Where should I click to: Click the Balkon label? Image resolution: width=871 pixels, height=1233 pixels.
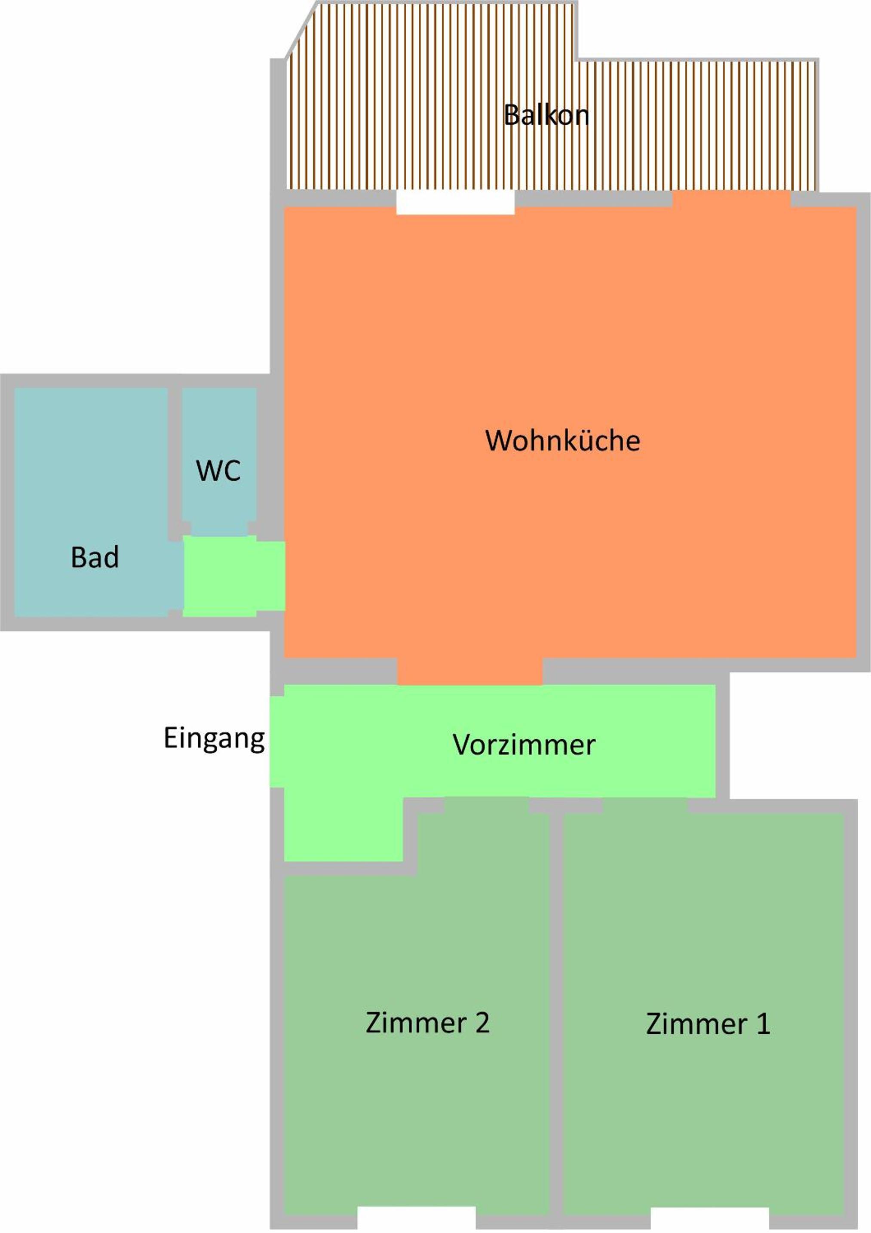pyautogui.click(x=546, y=115)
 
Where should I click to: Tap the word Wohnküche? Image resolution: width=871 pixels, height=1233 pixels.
pyautogui.click(x=563, y=440)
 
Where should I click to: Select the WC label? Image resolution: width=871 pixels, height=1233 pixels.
pyautogui.click(x=218, y=471)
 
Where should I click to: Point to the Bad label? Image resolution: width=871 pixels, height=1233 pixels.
pyautogui.click(x=95, y=557)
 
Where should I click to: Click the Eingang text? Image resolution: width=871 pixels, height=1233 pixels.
pyautogui.click(x=214, y=739)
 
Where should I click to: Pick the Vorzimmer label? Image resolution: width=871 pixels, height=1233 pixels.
pyautogui.click(x=524, y=745)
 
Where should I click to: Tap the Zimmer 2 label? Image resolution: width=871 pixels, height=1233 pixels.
pyautogui.click(x=427, y=1023)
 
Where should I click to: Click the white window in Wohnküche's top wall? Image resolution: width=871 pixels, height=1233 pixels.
pyautogui.click(x=455, y=203)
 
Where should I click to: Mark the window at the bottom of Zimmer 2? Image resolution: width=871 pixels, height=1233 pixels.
pyautogui.click(x=417, y=1222)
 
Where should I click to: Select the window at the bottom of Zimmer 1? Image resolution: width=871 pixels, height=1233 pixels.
pyautogui.click(x=710, y=1222)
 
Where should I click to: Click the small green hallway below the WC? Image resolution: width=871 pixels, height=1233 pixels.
pyautogui.click(x=234, y=576)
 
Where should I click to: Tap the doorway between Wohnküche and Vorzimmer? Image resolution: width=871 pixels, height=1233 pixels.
pyautogui.click(x=470, y=671)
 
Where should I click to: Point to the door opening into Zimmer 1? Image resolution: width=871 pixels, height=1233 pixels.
pyautogui.click(x=645, y=805)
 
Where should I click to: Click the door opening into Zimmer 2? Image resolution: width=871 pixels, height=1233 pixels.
pyautogui.click(x=487, y=805)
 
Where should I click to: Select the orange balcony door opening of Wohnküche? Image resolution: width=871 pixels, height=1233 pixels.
pyautogui.click(x=731, y=199)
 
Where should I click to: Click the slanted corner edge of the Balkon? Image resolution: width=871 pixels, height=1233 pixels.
pyautogui.click(x=300, y=30)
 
